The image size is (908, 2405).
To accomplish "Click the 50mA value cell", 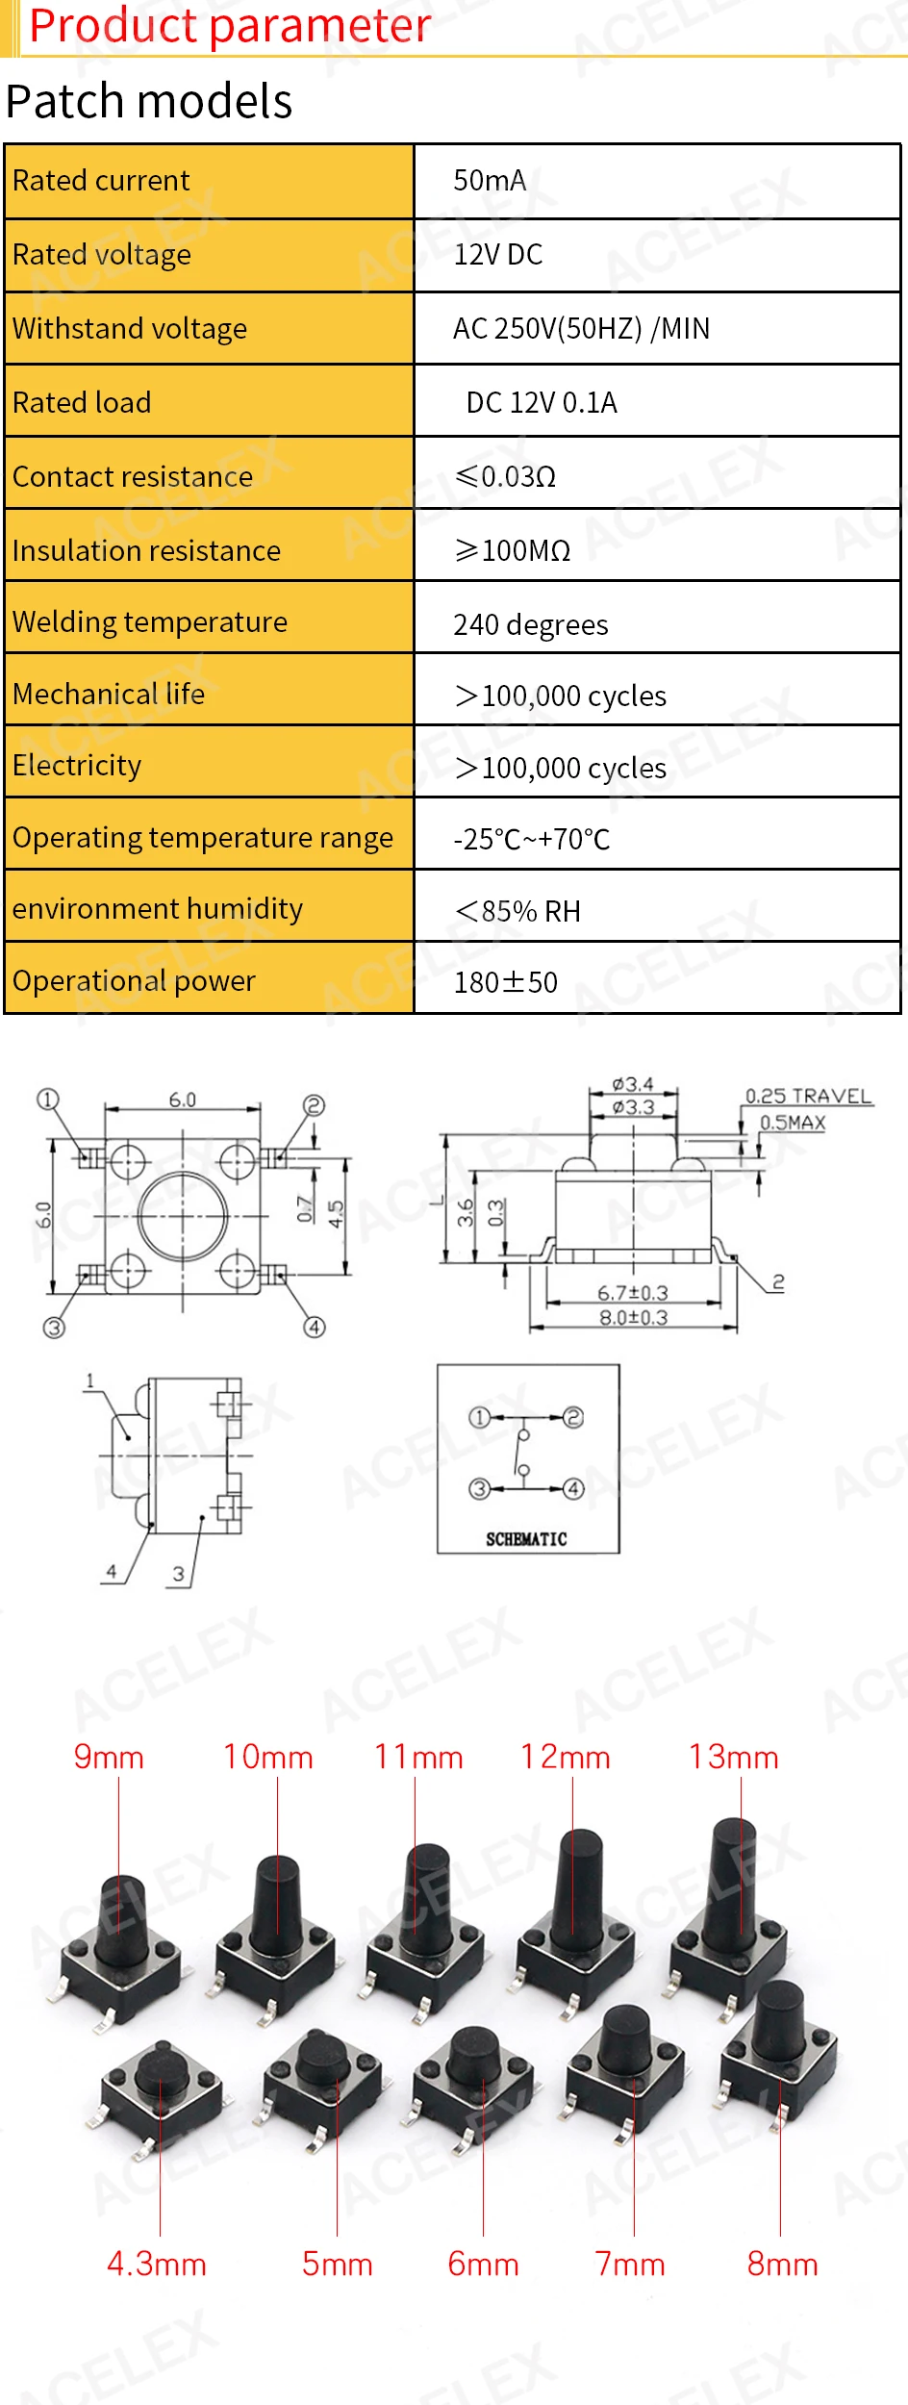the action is click(x=490, y=181).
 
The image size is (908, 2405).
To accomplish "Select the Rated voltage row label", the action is click(x=102, y=255).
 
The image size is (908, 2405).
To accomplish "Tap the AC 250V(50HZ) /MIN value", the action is click(x=581, y=329).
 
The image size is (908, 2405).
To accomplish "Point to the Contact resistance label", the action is click(x=133, y=477).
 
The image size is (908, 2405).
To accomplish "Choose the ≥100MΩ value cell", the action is click(x=513, y=551).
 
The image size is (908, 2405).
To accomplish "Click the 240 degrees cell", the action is click(x=531, y=625).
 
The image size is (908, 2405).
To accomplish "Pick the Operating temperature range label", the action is click(x=203, y=838).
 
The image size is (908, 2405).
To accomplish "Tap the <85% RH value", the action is click(x=518, y=911).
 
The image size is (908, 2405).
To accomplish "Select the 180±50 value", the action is click(x=506, y=982).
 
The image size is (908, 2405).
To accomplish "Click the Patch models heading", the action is click(x=149, y=101).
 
